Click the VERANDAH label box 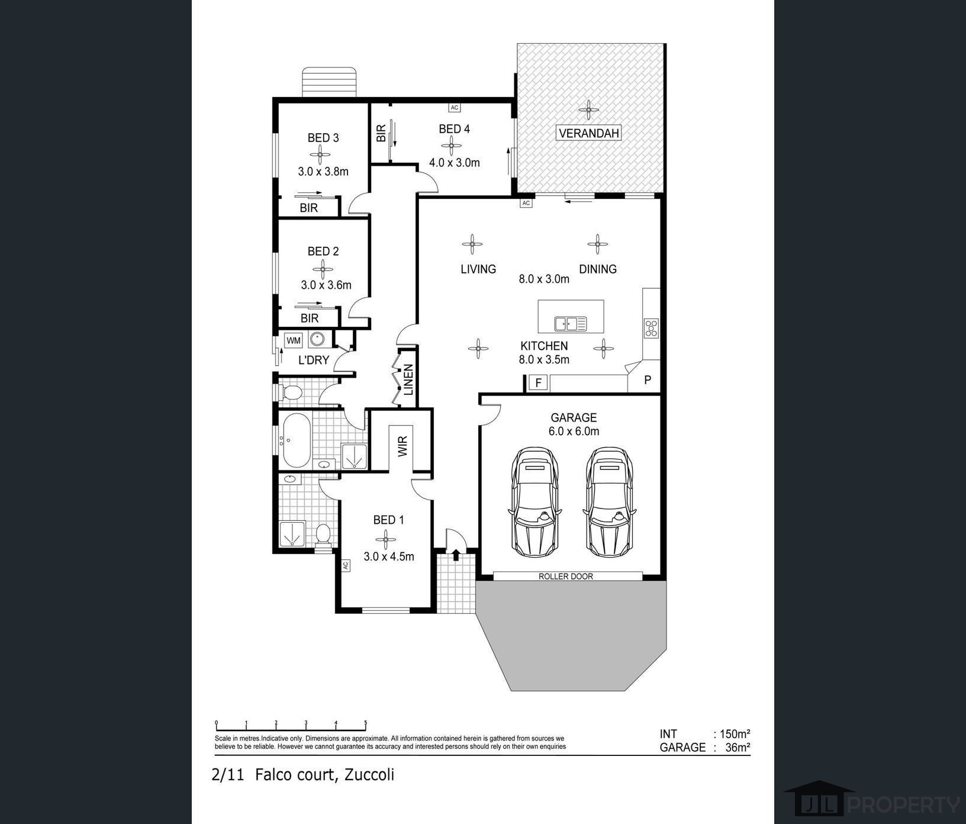(588, 133)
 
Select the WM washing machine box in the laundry (294, 340)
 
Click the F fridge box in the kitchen (538, 382)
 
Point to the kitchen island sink (571, 324)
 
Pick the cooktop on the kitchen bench (651, 328)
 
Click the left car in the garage (534, 502)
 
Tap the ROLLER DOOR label (565, 576)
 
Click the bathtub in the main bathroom (296, 440)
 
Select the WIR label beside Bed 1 (402, 446)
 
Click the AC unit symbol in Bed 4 (454, 108)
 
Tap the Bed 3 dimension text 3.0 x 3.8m (323, 172)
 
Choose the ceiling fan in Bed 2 (323, 270)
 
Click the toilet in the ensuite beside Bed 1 (323, 535)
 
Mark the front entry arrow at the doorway (456, 555)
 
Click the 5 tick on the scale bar (365, 723)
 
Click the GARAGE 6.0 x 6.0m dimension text (574, 431)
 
